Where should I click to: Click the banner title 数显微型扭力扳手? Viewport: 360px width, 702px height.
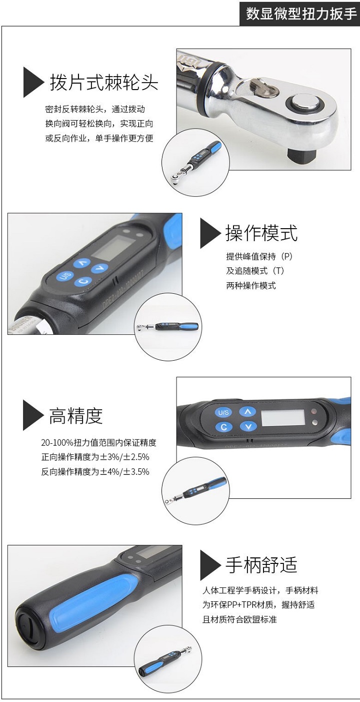click(301, 14)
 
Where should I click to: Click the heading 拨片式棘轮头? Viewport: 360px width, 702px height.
click(103, 83)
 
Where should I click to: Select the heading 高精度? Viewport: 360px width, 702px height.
click(75, 415)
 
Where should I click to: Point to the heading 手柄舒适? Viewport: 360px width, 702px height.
click(261, 564)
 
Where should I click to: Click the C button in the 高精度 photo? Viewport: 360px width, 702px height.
click(223, 427)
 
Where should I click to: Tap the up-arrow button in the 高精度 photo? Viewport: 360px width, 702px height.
click(246, 412)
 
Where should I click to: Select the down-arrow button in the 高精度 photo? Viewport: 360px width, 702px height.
click(246, 427)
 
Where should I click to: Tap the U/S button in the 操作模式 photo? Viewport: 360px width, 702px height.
click(65, 277)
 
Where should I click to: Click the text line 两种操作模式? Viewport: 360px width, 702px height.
click(250, 286)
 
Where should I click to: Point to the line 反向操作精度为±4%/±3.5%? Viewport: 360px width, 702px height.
click(95, 471)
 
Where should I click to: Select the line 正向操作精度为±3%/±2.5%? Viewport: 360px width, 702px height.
click(95, 457)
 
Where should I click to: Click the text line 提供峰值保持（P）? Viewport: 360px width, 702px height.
click(259, 256)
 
